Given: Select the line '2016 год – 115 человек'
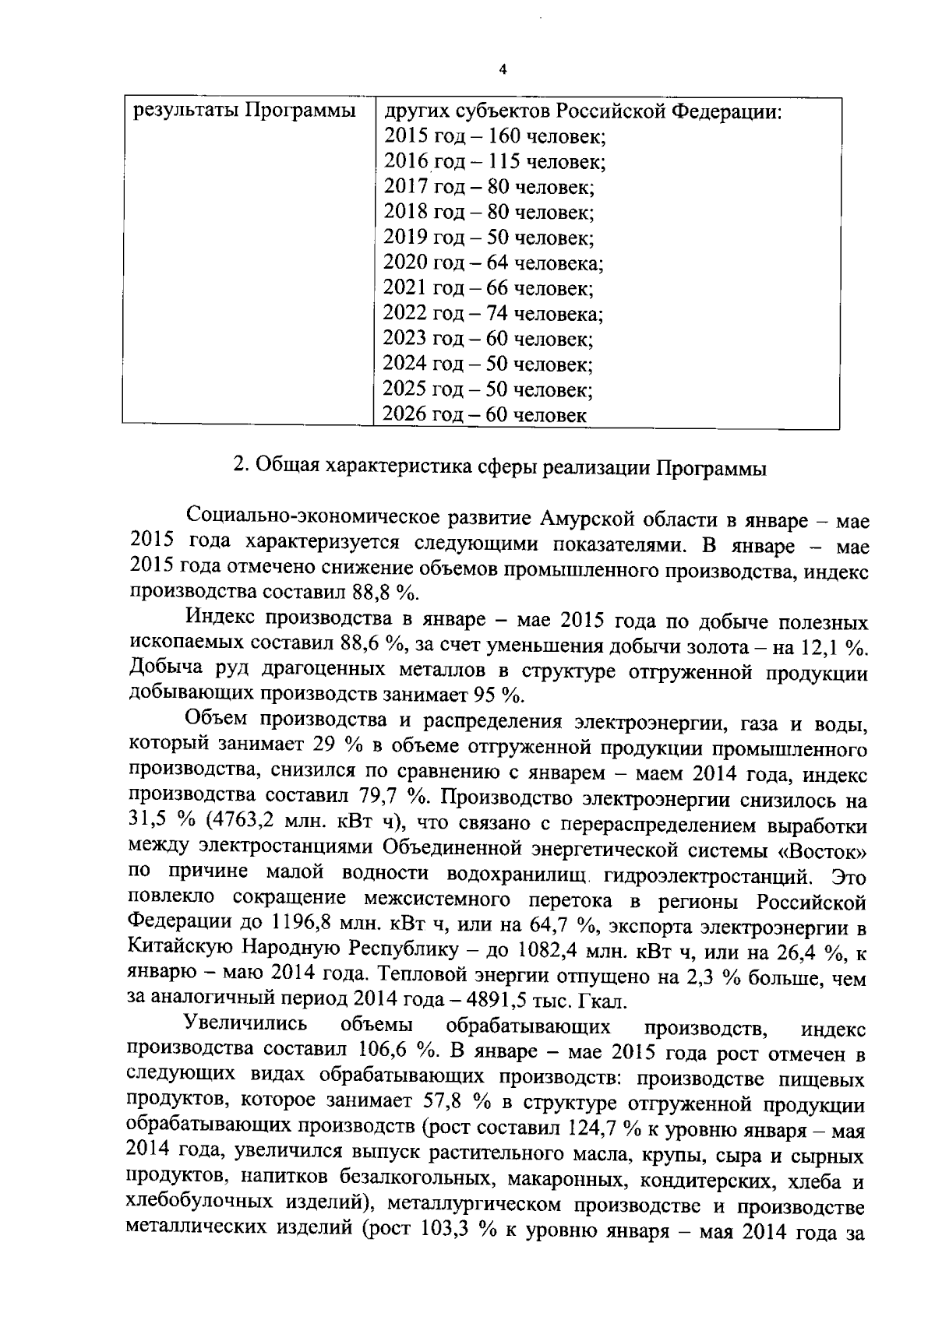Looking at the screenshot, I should pyautogui.click(x=495, y=162).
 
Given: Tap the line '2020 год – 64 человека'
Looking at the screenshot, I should pyautogui.click(x=493, y=263).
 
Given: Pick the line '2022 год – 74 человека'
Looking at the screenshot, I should pyautogui.click(x=493, y=314).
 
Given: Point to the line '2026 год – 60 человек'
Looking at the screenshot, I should pyautogui.click(x=485, y=415).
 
